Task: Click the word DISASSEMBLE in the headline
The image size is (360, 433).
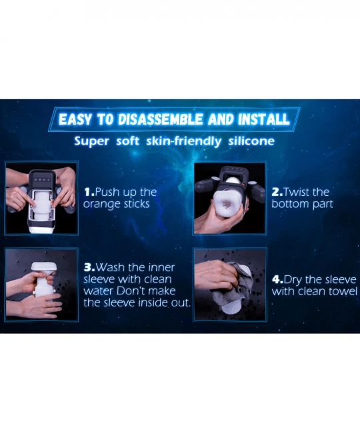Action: pos(161,119)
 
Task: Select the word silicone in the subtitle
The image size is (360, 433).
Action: pos(251,141)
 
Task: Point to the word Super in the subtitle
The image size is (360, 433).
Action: pos(92,142)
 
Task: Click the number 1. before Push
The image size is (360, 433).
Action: pos(89,192)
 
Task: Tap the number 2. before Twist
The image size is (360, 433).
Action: pos(277,193)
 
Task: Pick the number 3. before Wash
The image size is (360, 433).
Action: pos(89,267)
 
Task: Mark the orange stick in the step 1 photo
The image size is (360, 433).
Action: pos(52,204)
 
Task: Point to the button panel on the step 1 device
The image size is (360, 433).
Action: pos(41,180)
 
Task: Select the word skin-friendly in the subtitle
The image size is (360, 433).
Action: pos(183,141)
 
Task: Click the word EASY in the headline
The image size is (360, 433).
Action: pos(75,119)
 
